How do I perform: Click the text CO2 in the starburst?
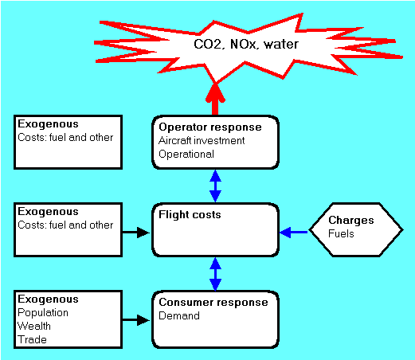[x=208, y=44]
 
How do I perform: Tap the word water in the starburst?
[x=281, y=44]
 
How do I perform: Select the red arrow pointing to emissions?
[x=215, y=100]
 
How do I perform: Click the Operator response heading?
[x=210, y=127]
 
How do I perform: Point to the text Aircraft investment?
[x=202, y=141]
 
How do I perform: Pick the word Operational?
[x=186, y=155]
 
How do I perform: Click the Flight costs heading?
[x=190, y=214]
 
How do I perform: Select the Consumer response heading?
[x=213, y=302]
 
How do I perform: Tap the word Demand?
[x=179, y=315]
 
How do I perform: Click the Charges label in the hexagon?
[x=351, y=220]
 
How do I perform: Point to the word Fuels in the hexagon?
[x=341, y=233]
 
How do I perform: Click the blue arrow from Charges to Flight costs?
[x=293, y=233]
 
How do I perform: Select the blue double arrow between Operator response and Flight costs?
[x=215, y=186]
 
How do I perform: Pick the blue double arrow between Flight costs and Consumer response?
[x=215, y=274]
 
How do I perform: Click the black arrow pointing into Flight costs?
[x=136, y=233]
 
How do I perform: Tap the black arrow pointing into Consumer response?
[x=136, y=320]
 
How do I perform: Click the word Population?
[x=43, y=313]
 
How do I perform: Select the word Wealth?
[x=34, y=327]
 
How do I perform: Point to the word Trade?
[x=32, y=340]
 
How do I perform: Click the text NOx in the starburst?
[x=243, y=44]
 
